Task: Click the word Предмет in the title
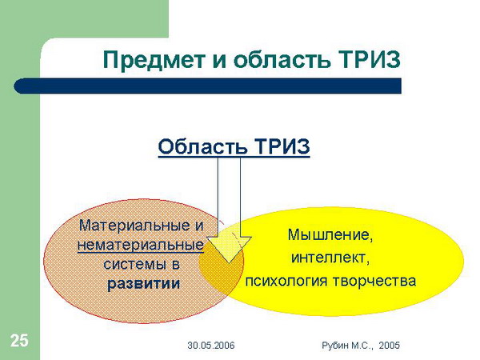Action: point(154,59)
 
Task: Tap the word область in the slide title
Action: point(282,59)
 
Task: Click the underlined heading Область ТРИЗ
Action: point(234,146)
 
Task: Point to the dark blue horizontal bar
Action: point(207,86)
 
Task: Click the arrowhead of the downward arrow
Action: point(229,250)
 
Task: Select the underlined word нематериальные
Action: point(141,245)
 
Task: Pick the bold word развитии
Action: point(143,283)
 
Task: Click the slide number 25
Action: point(19,341)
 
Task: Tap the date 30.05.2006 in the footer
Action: point(211,346)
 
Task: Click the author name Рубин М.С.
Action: point(347,346)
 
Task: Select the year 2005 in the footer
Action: point(389,346)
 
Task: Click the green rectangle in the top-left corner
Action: point(84,18)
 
